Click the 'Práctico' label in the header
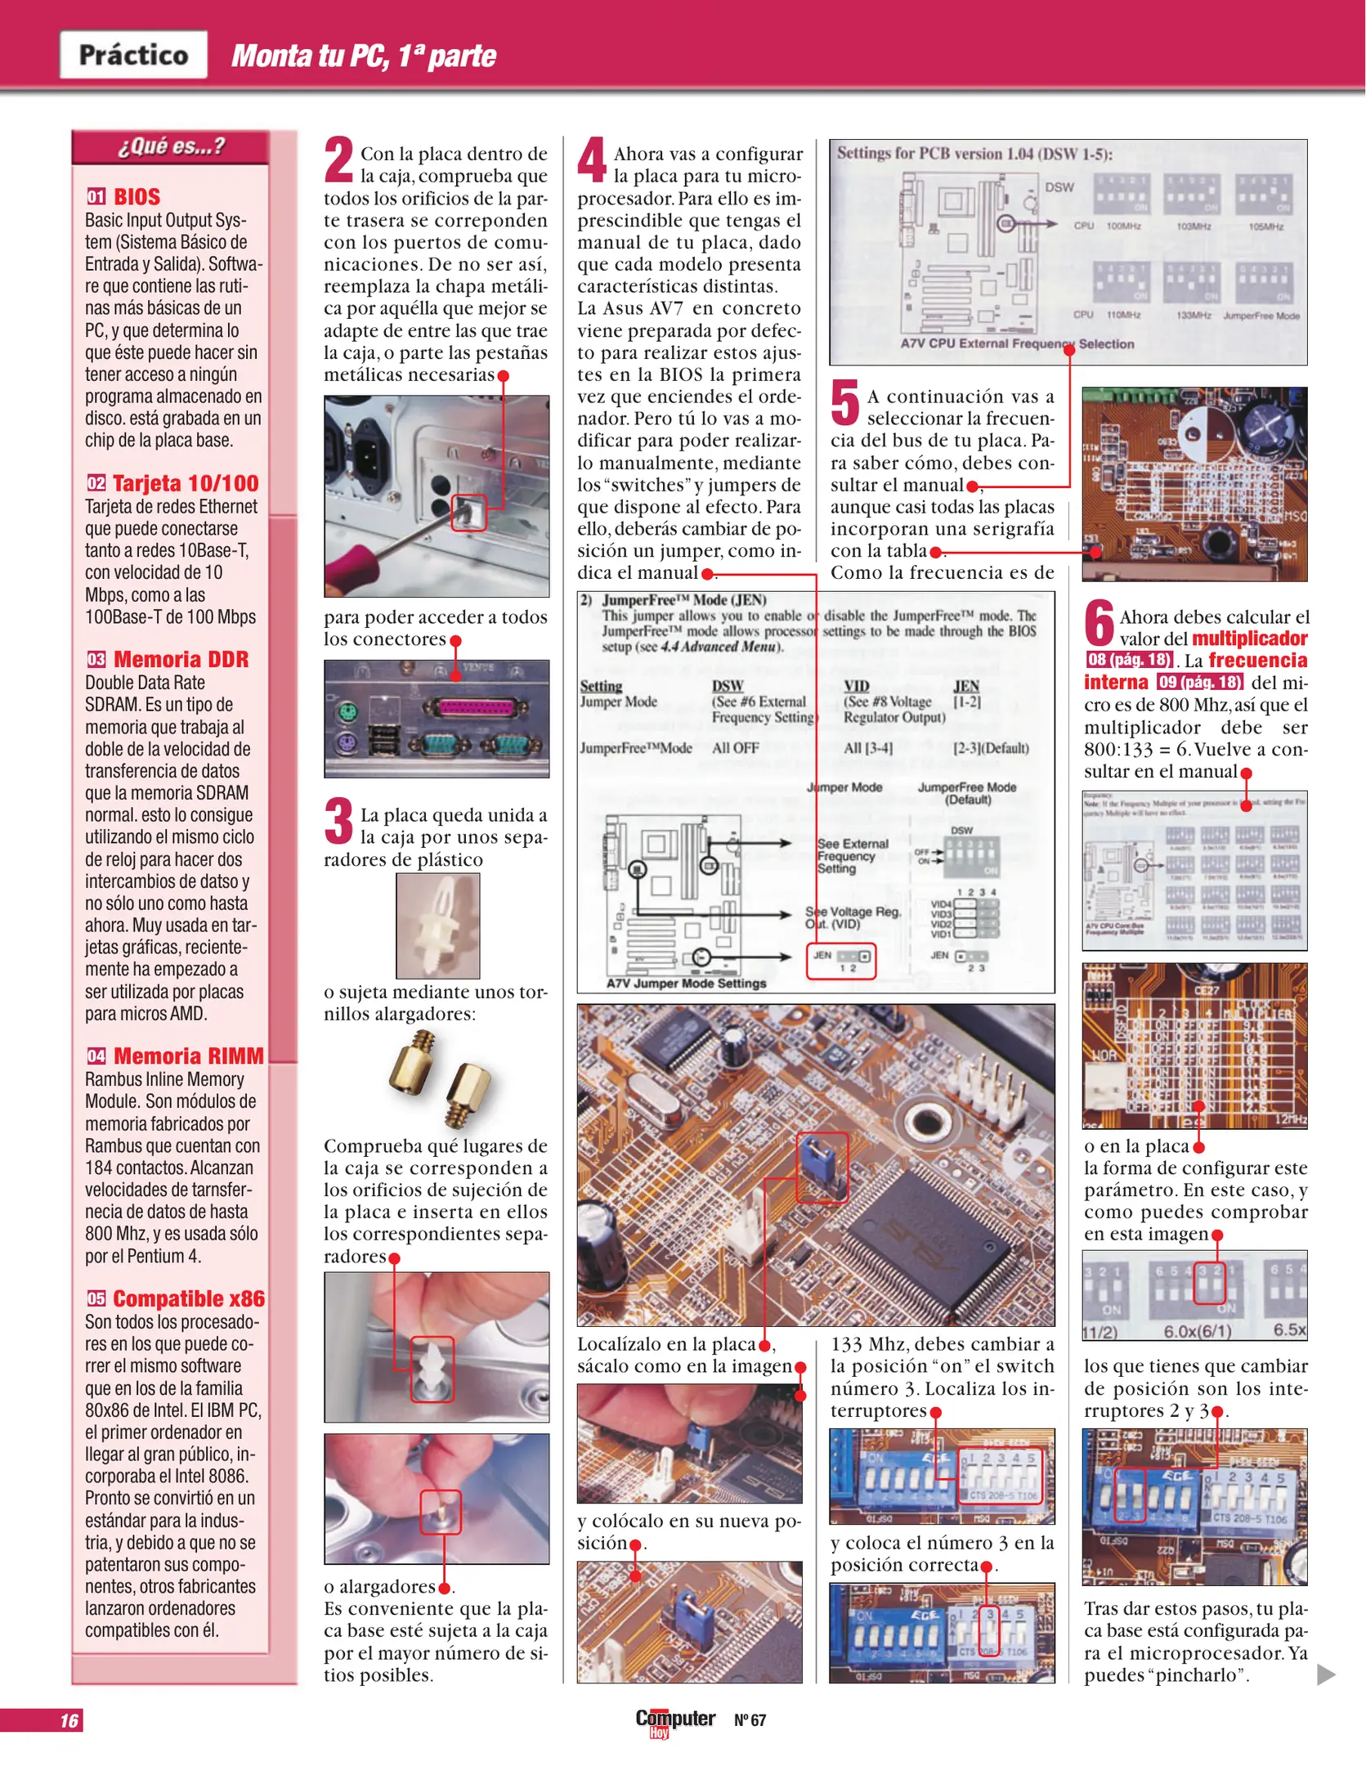(133, 55)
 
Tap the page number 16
(69, 1720)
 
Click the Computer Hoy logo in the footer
(674, 1720)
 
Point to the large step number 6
(1100, 623)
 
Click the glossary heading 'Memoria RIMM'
(188, 1056)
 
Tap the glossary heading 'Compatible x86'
(188, 1298)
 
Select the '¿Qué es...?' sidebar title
(170, 147)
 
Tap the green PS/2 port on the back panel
(347, 713)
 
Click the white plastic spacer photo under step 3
(437, 926)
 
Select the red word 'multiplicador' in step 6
(1249, 639)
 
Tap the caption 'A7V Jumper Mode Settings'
(686, 983)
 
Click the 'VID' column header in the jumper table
(856, 686)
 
